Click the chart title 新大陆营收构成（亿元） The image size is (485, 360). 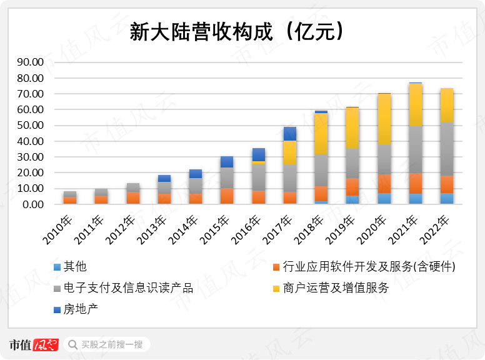(237, 31)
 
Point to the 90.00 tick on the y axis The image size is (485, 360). (29, 62)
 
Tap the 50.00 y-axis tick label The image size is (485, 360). (29, 126)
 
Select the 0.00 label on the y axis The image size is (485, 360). (32, 204)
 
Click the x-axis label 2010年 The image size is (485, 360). (61, 231)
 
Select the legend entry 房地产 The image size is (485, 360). (81, 309)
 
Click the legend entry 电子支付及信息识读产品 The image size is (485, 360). (128, 288)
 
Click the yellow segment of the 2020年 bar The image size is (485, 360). (384, 119)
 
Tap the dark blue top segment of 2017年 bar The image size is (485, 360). (290, 133)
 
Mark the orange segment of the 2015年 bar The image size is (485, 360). (227, 196)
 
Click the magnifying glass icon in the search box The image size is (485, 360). (73, 344)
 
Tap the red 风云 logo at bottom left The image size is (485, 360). (46, 344)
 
